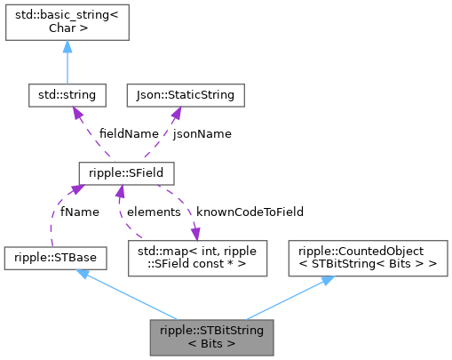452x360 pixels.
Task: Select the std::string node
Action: pyautogui.click(x=67, y=93)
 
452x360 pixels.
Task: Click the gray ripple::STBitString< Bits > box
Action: pyautogui.click(x=212, y=337)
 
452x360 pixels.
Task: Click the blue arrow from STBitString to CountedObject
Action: pyautogui.click(x=284, y=298)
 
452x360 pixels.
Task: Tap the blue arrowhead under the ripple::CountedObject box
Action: pyautogui.click(x=327, y=279)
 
